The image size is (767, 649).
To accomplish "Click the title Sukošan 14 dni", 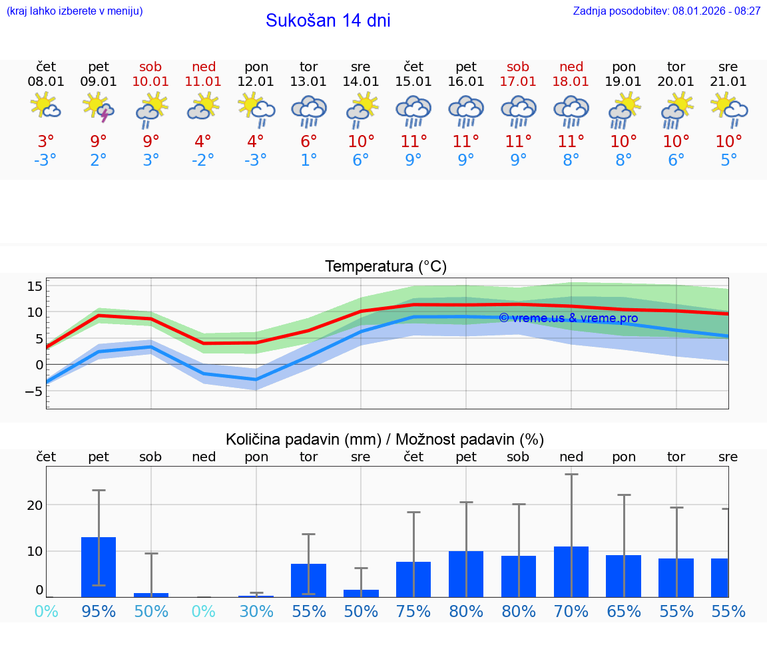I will click(x=328, y=21).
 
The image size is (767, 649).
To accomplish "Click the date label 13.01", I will click(x=308, y=82).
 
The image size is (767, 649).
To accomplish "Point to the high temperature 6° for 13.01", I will click(x=308, y=142).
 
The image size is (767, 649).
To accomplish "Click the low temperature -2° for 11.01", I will click(x=203, y=160).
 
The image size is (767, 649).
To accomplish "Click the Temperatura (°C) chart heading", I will click(x=385, y=267).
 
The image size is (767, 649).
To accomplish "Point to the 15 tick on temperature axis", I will click(x=35, y=286).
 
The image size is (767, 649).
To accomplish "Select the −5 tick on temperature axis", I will click(x=33, y=391).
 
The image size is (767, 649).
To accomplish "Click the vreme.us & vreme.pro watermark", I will click(x=568, y=318).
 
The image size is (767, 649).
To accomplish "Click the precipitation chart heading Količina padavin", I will click(x=384, y=439).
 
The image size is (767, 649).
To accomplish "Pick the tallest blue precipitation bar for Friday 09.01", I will click(x=99, y=566).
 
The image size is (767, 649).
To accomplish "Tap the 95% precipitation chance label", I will click(x=99, y=612).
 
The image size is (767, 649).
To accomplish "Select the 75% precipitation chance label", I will click(x=413, y=612).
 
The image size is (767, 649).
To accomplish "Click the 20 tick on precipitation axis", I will click(x=35, y=505).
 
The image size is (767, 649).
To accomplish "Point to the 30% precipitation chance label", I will click(x=256, y=612).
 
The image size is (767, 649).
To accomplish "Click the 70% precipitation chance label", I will click(x=571, y=612).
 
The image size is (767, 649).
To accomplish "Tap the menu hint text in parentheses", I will click(x=75, y=11).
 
